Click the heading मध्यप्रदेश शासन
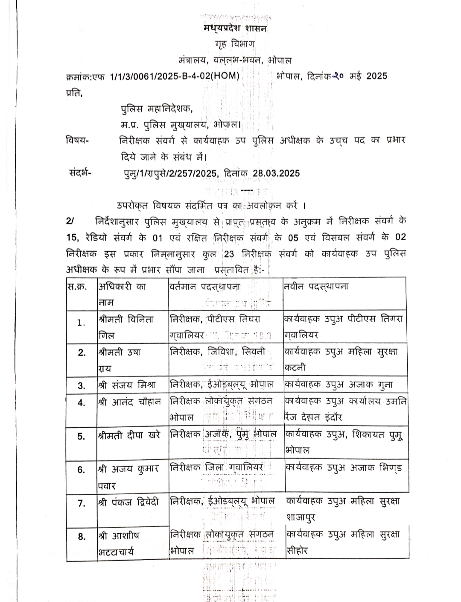235,29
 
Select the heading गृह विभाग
235,44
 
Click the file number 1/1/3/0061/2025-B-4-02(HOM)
174,76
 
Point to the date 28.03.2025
276,173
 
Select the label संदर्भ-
82,173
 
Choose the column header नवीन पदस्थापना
316,287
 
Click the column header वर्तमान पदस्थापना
205,287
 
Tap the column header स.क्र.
77,287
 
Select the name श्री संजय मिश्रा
127,385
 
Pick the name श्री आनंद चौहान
130,402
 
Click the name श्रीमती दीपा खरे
129,435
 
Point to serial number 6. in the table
82,470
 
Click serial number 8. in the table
82,537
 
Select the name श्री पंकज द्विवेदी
128,502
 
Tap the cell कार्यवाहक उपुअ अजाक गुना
338,385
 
